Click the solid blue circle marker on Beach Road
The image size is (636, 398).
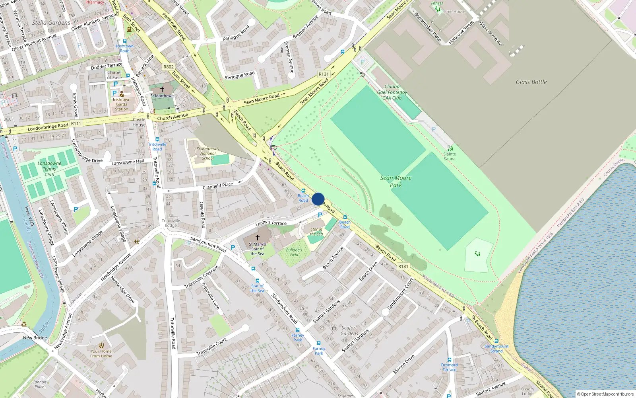pos(318,199)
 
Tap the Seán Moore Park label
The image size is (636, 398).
pos(396,181)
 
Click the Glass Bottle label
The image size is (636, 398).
pos(531,82)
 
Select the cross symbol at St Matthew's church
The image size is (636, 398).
pos(162,90)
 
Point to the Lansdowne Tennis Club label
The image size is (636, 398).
pos(49,169)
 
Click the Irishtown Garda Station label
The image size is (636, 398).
pos(122,104)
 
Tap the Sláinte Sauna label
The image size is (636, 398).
pos(450,156)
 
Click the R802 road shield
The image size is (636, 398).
pos(169,67)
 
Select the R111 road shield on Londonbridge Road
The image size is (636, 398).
pos(76,123)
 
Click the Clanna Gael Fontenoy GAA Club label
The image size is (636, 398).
pos(392,92)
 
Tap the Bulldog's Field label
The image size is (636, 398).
pos(294,252)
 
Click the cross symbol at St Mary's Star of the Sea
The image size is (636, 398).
pos(257,238)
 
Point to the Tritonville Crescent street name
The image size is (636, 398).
pos(202,277)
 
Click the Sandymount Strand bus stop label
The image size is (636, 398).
pos(496,349)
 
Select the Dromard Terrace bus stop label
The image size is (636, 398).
pos(450,367)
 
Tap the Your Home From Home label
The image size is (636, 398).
pos(101,353)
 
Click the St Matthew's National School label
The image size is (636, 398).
pos(208,153)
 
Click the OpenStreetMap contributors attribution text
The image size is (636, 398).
pos(605,394)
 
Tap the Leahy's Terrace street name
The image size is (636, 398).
pos(271,223)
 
